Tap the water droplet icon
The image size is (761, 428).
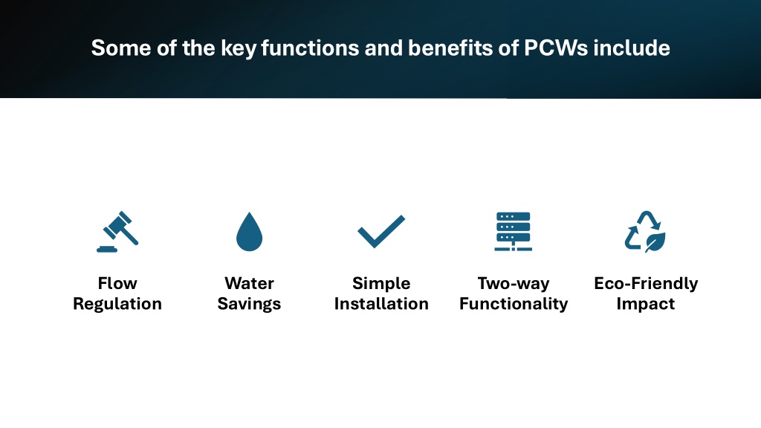pyautogui.click(x=249, y=232)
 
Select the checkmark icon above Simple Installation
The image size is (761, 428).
pyautogui.click(x=381, y=231)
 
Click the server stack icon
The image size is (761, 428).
pyautogui.click(x=513, y=232)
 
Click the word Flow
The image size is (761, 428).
pyautogui.click(x=117, y=283)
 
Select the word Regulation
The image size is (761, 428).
pyautogui.click(x=117, y=304)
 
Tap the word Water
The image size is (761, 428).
pyautogui.click(x=249, y=283)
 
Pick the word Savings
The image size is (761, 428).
pyautogui.click(x=249, y=304)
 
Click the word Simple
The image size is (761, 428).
pyautogui.click(x=381, y=283)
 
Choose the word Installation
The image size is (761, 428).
pyautogui.click(x=381, y=304)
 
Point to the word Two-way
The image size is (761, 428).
pyautogui.click(x=514, y=283)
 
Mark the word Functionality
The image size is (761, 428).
pyautogui.click(x=514, y=304)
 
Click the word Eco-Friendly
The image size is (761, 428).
pyautogui.click(x=646, y=283)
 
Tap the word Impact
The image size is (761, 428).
pyautogui.click(x=646, y=304)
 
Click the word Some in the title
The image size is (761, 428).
pyautogui.click(x=121, y=48)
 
